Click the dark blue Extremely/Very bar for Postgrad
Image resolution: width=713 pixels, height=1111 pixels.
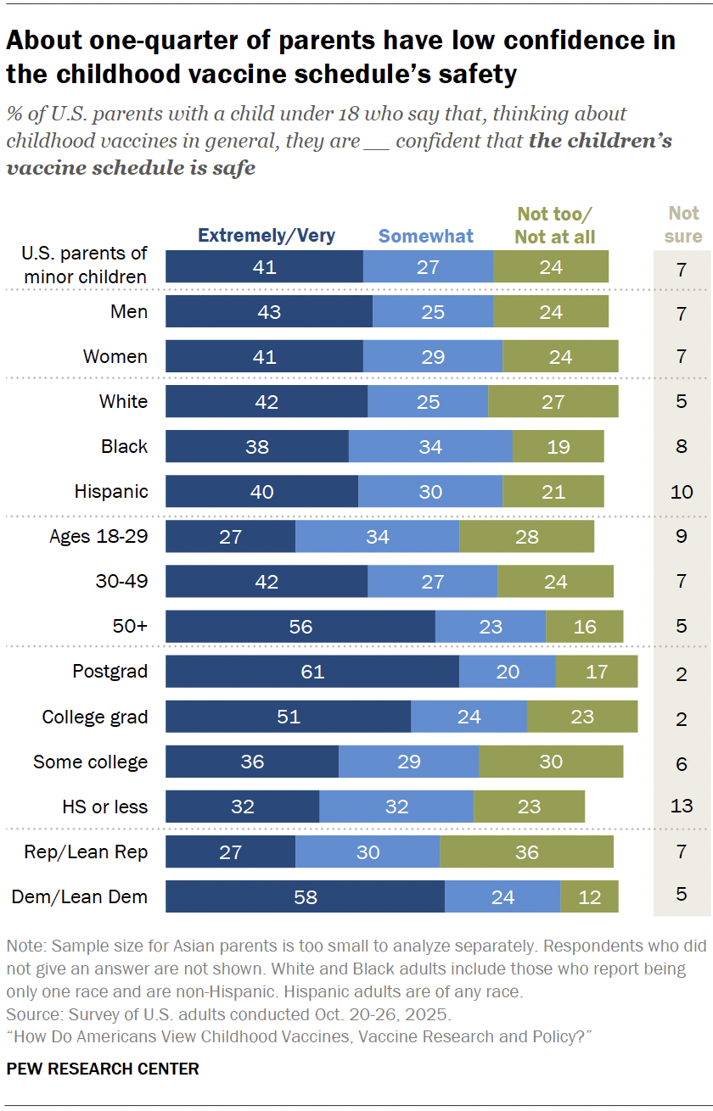tap(312, 672)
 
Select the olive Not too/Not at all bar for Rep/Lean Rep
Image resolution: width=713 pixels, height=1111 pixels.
tap(526, 851)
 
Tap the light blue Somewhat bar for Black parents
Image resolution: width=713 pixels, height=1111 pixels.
tap(430, 446)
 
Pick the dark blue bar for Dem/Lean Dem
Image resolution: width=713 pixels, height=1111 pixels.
tap(305, 896)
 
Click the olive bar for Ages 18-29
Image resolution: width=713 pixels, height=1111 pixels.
tap(526, 537)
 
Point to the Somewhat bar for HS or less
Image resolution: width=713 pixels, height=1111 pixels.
tap(396, 807)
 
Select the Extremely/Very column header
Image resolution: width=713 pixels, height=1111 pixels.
tap(267, 236)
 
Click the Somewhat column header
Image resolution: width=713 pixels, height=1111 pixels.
tap(426, 236)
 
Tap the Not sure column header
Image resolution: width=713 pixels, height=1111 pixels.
tap(683, 224)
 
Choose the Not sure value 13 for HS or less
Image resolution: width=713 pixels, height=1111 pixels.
tap(682, 806)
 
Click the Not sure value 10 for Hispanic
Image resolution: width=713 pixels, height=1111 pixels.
tap(682, 492)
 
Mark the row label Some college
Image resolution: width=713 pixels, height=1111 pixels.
tap(90, 762)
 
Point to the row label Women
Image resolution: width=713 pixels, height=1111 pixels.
tap(115, 356)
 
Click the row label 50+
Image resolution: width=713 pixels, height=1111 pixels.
tap(130, 627)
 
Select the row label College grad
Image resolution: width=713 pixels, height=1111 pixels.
tap(94, 717)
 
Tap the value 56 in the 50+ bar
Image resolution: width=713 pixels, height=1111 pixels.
tap(300, 627)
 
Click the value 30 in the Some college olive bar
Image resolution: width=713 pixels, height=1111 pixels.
tap(551, 762)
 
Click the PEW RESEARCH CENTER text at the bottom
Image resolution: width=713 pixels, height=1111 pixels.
tap(103, 1069)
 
